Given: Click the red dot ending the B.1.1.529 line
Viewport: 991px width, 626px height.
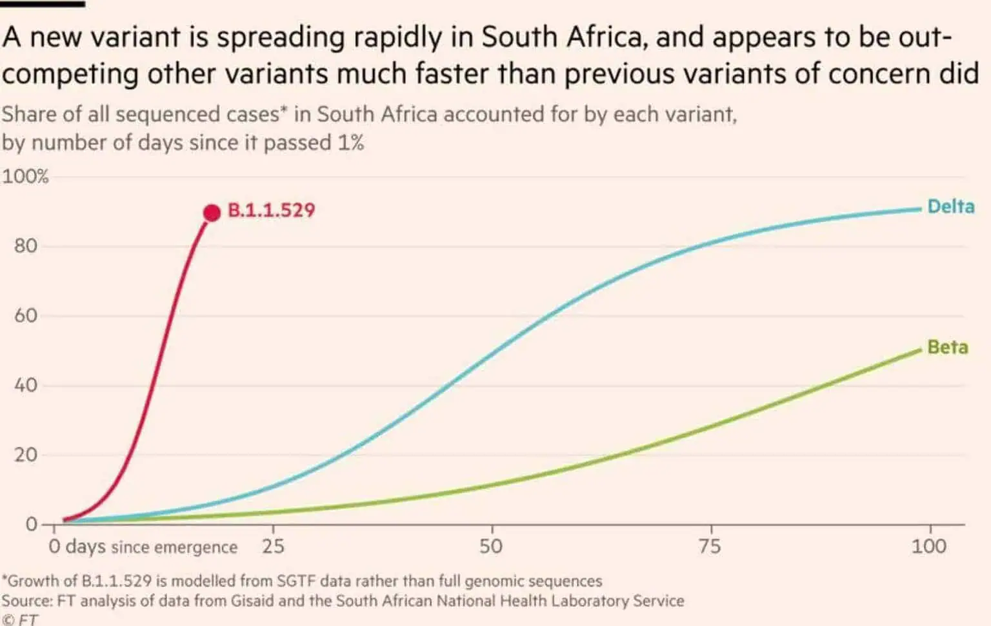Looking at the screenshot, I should click(x=212, y=212).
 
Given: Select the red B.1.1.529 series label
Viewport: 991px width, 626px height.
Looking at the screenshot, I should click(x=271, y=211).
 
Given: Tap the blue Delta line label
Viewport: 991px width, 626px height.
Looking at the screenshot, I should click(x=950, y=207).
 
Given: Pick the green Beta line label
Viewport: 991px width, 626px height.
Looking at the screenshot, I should click(x=947, y=347).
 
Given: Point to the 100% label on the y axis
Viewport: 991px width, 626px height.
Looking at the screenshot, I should click(x=25, y=177).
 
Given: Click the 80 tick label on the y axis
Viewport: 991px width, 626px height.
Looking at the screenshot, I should click(x=26, y=246).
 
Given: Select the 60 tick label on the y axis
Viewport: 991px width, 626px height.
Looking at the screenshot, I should click(x=26, y=316).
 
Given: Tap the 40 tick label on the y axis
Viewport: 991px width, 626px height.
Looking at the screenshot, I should click(x=26, y=386).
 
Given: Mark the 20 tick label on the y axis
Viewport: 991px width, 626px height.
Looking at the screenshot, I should click(x=26, y=455).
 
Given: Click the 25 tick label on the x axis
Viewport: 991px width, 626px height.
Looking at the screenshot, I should click(x=273, y=547).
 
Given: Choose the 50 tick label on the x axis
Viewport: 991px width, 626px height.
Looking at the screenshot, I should click(x=491, y=547).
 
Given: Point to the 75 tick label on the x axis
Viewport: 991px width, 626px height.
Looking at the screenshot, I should click(x=709, y=547).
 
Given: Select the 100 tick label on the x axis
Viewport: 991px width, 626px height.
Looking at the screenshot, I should click(x=928, y=547).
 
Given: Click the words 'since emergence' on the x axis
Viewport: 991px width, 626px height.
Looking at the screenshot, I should click(x=174, y=547).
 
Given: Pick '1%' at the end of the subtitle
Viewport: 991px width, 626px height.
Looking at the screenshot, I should click(x=351, y=142).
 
